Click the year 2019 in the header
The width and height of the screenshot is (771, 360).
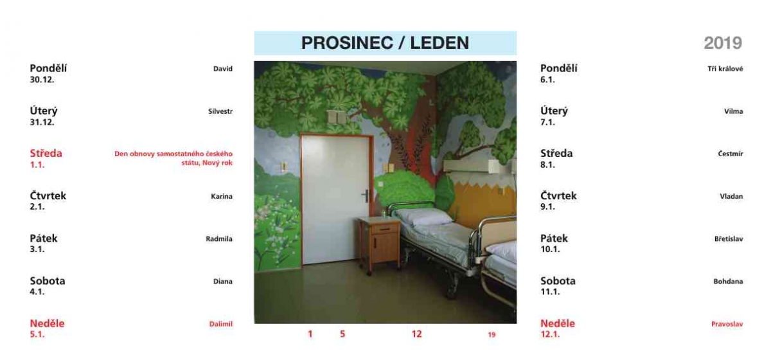coord(723,43)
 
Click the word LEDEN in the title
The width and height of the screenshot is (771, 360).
coord(439,43)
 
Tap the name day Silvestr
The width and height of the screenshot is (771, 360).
coord(220,111)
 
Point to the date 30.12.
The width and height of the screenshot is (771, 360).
coord(42,80)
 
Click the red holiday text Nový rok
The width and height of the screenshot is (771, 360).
coord(217,163)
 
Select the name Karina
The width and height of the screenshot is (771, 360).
coord(222,196)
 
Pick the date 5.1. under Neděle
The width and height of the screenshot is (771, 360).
coord(37,334)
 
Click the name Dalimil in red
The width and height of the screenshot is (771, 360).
coord(221,324)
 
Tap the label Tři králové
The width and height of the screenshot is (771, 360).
coord(725,69)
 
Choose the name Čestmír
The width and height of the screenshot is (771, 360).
coord(731,154)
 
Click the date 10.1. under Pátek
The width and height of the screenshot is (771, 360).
coord(550,249)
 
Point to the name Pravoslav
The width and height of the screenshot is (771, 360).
coord(727,324)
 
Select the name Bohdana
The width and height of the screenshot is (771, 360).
coord(729,282)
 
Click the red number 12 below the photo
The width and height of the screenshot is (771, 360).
coord(416,334)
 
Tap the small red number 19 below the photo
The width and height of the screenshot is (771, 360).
coord(492,334)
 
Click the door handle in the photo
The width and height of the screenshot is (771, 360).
coord(366,195)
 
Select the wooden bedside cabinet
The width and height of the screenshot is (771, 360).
coord(379,244)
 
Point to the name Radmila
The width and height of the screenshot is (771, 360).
coord(219,239)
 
